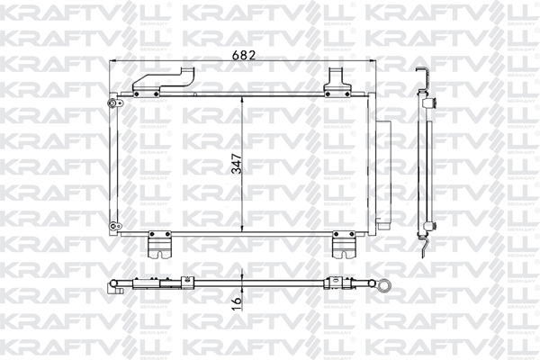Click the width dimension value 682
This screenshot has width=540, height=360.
point(244,55)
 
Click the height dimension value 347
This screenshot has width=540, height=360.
point(237,164)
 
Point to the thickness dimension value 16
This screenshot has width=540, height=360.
point(237,302)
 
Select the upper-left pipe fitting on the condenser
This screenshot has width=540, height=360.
point(114,103)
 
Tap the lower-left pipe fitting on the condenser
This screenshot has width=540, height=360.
point(115,226)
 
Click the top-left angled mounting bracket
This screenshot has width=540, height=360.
point(163,82)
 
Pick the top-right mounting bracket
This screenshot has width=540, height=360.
point(337,83)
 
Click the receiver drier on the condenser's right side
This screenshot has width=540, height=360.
point(383,175)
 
